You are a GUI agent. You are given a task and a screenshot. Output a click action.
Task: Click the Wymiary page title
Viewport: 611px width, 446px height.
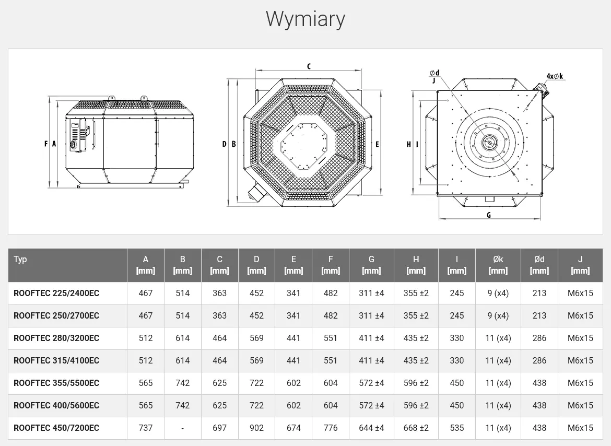[x=305, y=19]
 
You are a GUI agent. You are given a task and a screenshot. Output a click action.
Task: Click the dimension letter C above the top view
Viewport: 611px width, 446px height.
[x=309, y=66]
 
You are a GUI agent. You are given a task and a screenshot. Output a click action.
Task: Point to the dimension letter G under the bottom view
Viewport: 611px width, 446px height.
[x=489, y=215]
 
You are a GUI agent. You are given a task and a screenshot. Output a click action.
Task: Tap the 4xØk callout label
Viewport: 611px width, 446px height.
[x=555, y=76]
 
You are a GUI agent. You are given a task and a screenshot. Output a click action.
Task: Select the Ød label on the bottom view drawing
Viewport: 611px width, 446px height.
[x=434, y=73]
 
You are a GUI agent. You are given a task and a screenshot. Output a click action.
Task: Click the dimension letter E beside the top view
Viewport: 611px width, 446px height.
[x=377, y=144]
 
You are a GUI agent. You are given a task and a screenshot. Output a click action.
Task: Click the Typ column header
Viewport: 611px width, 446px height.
[x=20, y=260]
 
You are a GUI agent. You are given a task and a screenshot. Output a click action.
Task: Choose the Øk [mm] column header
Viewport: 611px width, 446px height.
[x=498, y=265]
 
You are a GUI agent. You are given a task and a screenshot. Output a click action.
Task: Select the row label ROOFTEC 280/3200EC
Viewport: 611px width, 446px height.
[x=56, y=338]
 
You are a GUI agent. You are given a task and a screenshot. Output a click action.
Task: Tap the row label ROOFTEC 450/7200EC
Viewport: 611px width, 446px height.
[x=56, y=428]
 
